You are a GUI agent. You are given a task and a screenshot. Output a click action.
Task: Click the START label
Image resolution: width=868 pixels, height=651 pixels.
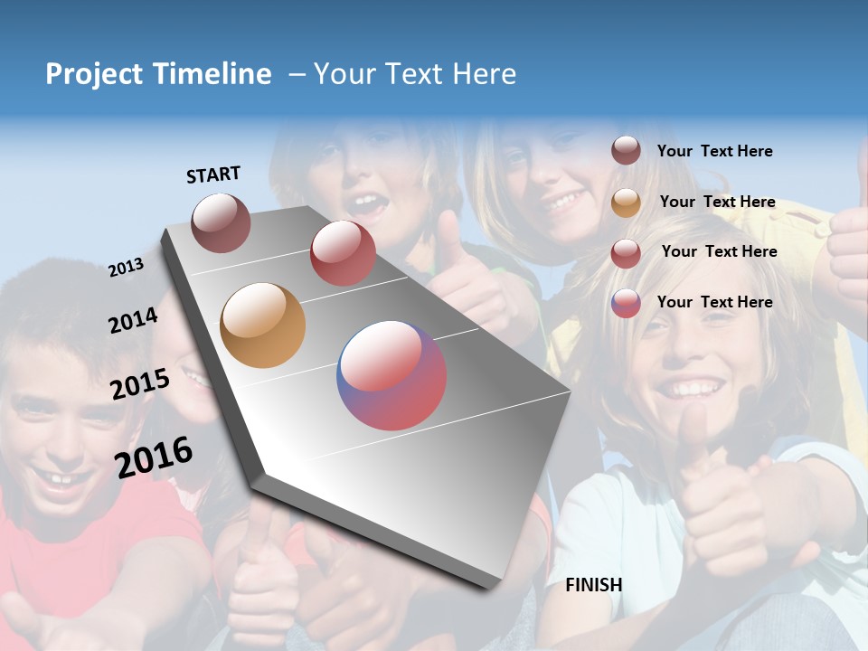click(x=213, y=175)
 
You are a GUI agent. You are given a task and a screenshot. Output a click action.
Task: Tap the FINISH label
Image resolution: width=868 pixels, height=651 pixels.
click(x=594, y=585)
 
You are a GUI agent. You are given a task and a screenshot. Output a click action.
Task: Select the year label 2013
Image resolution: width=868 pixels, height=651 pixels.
click(x=127, y=268)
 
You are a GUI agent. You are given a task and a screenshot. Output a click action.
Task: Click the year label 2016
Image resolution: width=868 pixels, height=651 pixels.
click(x=154, y=457)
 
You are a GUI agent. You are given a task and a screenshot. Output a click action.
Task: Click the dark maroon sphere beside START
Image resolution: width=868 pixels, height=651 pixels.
click(x=222, y=222)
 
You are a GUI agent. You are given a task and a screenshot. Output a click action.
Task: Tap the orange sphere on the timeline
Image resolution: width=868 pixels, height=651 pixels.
click(x=263, y=325)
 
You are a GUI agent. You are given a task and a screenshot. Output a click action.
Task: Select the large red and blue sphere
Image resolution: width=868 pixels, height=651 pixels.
click(x=392, y=375)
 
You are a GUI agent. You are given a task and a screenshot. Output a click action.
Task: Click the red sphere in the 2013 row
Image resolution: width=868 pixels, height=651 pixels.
click(x=343, y=253)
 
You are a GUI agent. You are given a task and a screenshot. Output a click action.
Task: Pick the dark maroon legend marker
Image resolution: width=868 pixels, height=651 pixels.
click(x=626, y=151)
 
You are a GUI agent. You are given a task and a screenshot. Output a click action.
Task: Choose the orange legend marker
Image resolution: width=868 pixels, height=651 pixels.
click(x=626, y=203)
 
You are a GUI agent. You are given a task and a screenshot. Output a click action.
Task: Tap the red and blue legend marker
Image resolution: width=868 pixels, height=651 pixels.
click(x=626, y=303)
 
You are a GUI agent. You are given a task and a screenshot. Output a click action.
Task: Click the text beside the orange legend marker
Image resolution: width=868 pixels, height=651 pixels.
click(x=717, y=202)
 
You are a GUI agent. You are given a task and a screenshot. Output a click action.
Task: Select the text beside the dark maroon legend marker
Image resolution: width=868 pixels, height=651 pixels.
click(x=714, y=151)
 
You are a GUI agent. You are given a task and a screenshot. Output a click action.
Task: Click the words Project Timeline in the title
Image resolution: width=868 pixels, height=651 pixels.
click(x=158, y=74)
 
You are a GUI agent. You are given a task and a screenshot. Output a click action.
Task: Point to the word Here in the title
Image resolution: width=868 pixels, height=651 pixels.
click(x=484, y=74)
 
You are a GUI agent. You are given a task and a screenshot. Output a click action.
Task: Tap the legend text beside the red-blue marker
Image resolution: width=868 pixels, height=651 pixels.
click(x=714, y=302)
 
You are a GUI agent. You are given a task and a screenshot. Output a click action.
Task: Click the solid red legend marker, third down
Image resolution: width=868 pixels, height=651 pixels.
click(x=626, y=253)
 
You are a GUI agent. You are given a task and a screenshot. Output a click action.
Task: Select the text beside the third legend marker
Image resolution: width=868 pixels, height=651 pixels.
click(x=719, y=251)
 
